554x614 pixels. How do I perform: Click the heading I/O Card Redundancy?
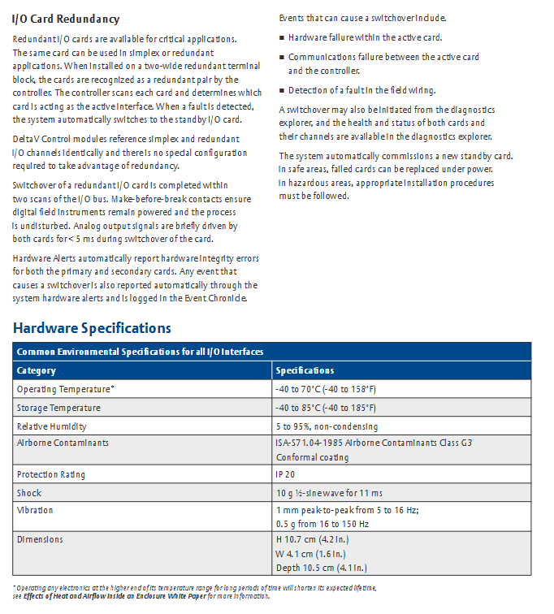(66, 19)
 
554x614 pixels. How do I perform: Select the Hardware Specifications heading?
(92, 328)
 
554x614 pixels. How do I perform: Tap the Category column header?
(37, 370)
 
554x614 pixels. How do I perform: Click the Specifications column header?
(305, 370)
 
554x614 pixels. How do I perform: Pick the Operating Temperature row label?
(66, 389)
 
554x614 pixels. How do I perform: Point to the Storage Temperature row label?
(58, 408)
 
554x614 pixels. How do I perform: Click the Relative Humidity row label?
(52, 426)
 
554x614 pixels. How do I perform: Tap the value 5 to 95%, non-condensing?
(327, 426)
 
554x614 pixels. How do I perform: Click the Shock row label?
(29, 493)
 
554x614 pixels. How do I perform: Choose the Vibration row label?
(35, 510)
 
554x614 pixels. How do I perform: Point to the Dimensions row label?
(40, 539)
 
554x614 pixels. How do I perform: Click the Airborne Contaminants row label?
(63, 443)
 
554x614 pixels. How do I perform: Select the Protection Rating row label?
(51, 474)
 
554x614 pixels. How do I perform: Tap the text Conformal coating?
(311, 456)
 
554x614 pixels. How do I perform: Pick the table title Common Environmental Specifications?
(140, 352)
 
